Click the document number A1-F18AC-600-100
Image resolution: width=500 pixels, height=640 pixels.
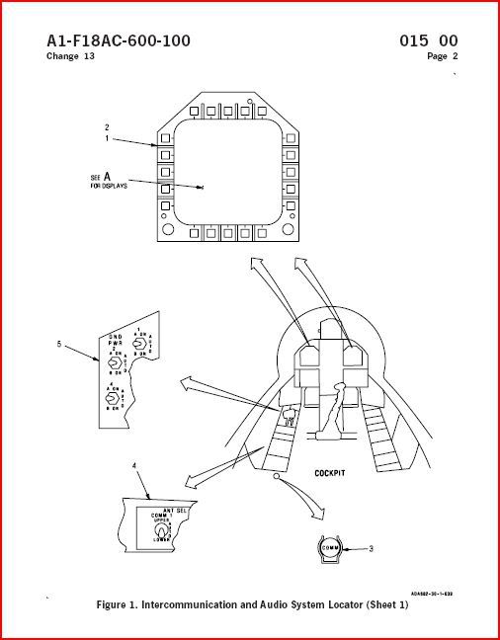tap(119, 40)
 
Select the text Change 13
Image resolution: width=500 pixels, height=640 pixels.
tap(70, 56)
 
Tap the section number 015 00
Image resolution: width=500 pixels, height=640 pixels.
tap(429, 40)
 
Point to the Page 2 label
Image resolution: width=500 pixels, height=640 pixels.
tap(443, 56)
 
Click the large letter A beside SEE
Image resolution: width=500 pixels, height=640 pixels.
tap(107, 177)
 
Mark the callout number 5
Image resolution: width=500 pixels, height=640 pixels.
tap(58, 345)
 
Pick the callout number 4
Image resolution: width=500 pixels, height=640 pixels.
tap(133, 463)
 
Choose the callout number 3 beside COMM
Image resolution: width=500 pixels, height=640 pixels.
tap(370, 548)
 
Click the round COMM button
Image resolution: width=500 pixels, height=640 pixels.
tap(330, 547)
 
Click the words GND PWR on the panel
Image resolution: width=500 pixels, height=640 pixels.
tap(115, 341)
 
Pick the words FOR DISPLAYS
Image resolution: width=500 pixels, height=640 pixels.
tap(110, 187)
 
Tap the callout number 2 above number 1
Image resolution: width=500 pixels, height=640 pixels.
tap(106, 127)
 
